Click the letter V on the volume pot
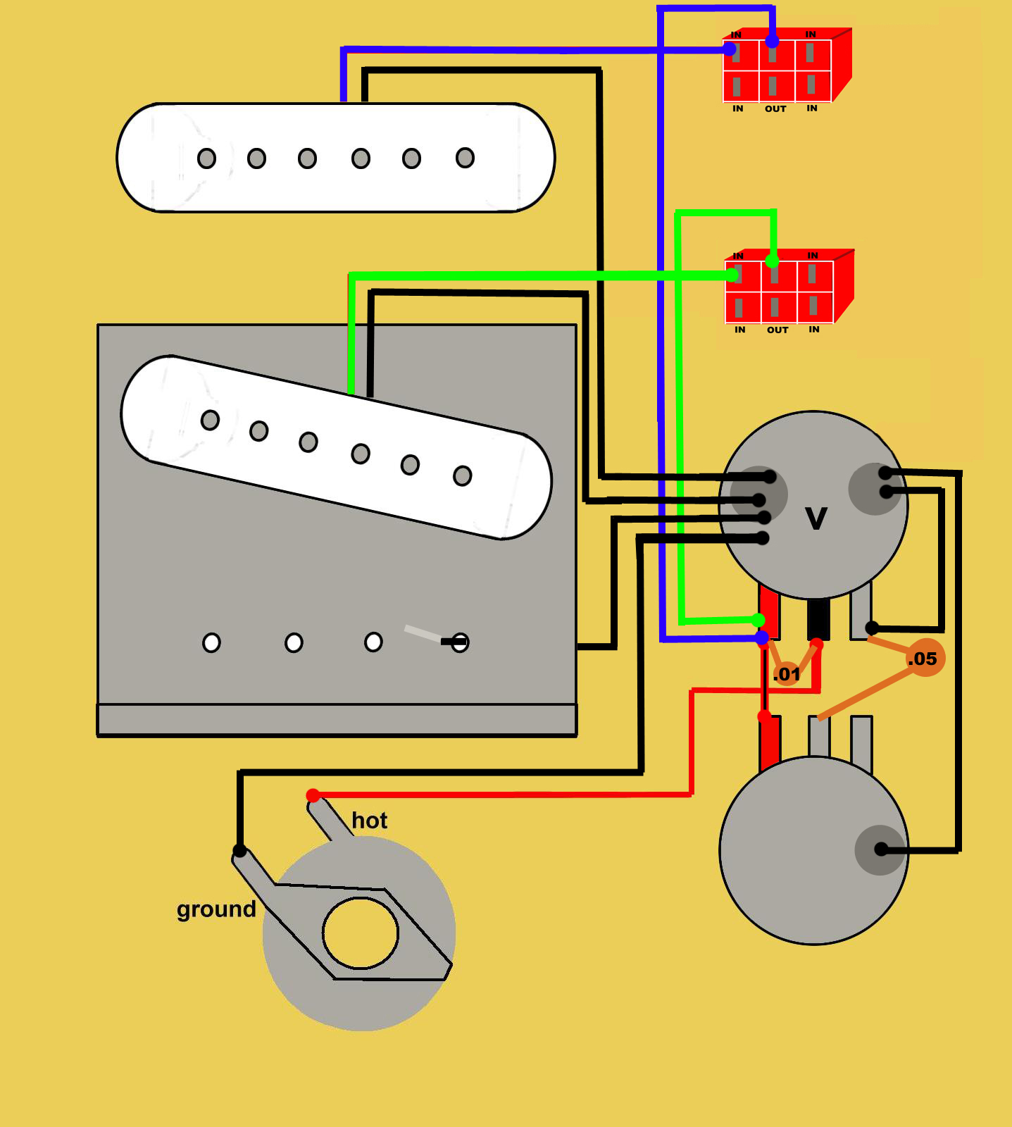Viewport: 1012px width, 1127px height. [x=816, y=519]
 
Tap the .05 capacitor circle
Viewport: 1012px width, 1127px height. [x=924, y=658]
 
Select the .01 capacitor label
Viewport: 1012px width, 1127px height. [x=787, y=674]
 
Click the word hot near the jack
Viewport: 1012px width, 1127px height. [x=369, y=821]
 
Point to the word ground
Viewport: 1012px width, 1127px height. [x=216, y=909]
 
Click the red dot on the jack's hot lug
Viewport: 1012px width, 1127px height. [x=313, y=796]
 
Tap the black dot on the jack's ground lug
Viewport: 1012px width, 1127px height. [x=239, y=850]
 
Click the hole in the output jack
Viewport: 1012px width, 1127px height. [x=361, y=933]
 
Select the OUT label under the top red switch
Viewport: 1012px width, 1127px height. [x=775, y=109]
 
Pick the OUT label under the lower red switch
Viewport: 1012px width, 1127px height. [x=777, y=330]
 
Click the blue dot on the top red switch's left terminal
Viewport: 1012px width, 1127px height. [x=730, y=49]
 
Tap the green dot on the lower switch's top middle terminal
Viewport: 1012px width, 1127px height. [x=773, y=261]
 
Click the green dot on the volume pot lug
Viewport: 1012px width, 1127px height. [x=757, y=620]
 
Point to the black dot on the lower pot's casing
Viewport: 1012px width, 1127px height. [x=880, y=849]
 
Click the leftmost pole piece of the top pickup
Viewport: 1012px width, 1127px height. [x=206, y=158]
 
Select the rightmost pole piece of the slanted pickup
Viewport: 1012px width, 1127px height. [x=462, y=476]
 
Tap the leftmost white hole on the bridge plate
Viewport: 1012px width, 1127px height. [x=211, y=642]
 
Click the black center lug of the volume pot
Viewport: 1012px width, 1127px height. [x=818, y=618]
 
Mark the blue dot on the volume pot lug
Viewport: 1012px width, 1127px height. [x=762, y=637]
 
